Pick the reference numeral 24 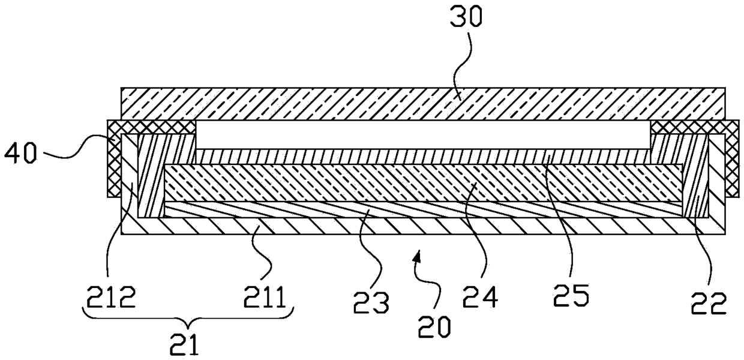tap(481, 296)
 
